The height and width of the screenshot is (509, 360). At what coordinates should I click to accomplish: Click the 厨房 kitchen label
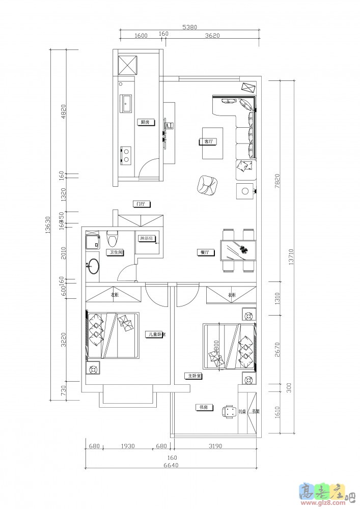144,122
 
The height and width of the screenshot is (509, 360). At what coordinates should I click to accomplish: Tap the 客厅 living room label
208,142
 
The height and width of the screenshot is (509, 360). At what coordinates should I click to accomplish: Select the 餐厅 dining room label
204,252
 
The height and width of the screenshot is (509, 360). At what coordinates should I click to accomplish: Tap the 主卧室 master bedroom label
194,376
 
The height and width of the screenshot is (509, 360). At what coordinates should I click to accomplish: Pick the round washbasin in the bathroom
93,266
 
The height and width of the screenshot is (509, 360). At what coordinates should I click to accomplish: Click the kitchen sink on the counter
126,104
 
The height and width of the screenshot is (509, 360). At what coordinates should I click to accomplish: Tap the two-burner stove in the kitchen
125,155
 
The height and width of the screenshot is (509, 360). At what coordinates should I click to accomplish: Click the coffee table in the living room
213,143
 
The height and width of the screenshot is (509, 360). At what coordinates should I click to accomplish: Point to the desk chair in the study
227,411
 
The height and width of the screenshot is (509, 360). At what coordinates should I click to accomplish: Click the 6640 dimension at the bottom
171,464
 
